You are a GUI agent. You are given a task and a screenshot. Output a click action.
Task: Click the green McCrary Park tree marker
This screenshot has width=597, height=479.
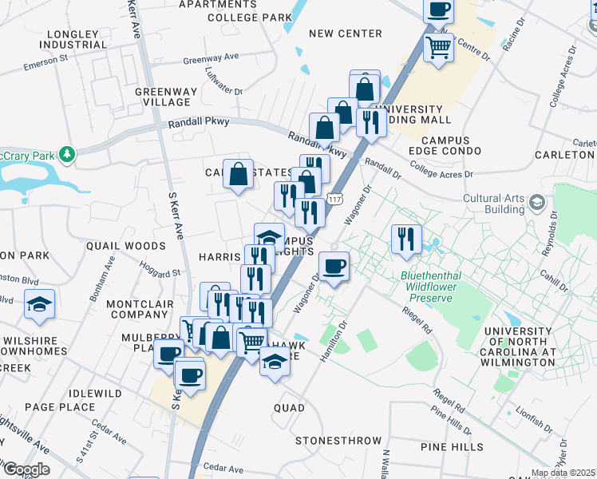tap(69, 153)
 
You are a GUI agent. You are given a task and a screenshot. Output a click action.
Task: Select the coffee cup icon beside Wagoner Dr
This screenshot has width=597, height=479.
tap(334, 266)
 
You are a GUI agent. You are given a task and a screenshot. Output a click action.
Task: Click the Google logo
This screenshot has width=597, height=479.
tap(26, 469)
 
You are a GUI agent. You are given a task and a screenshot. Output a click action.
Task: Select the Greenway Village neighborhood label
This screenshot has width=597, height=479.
tap(162, 97)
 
